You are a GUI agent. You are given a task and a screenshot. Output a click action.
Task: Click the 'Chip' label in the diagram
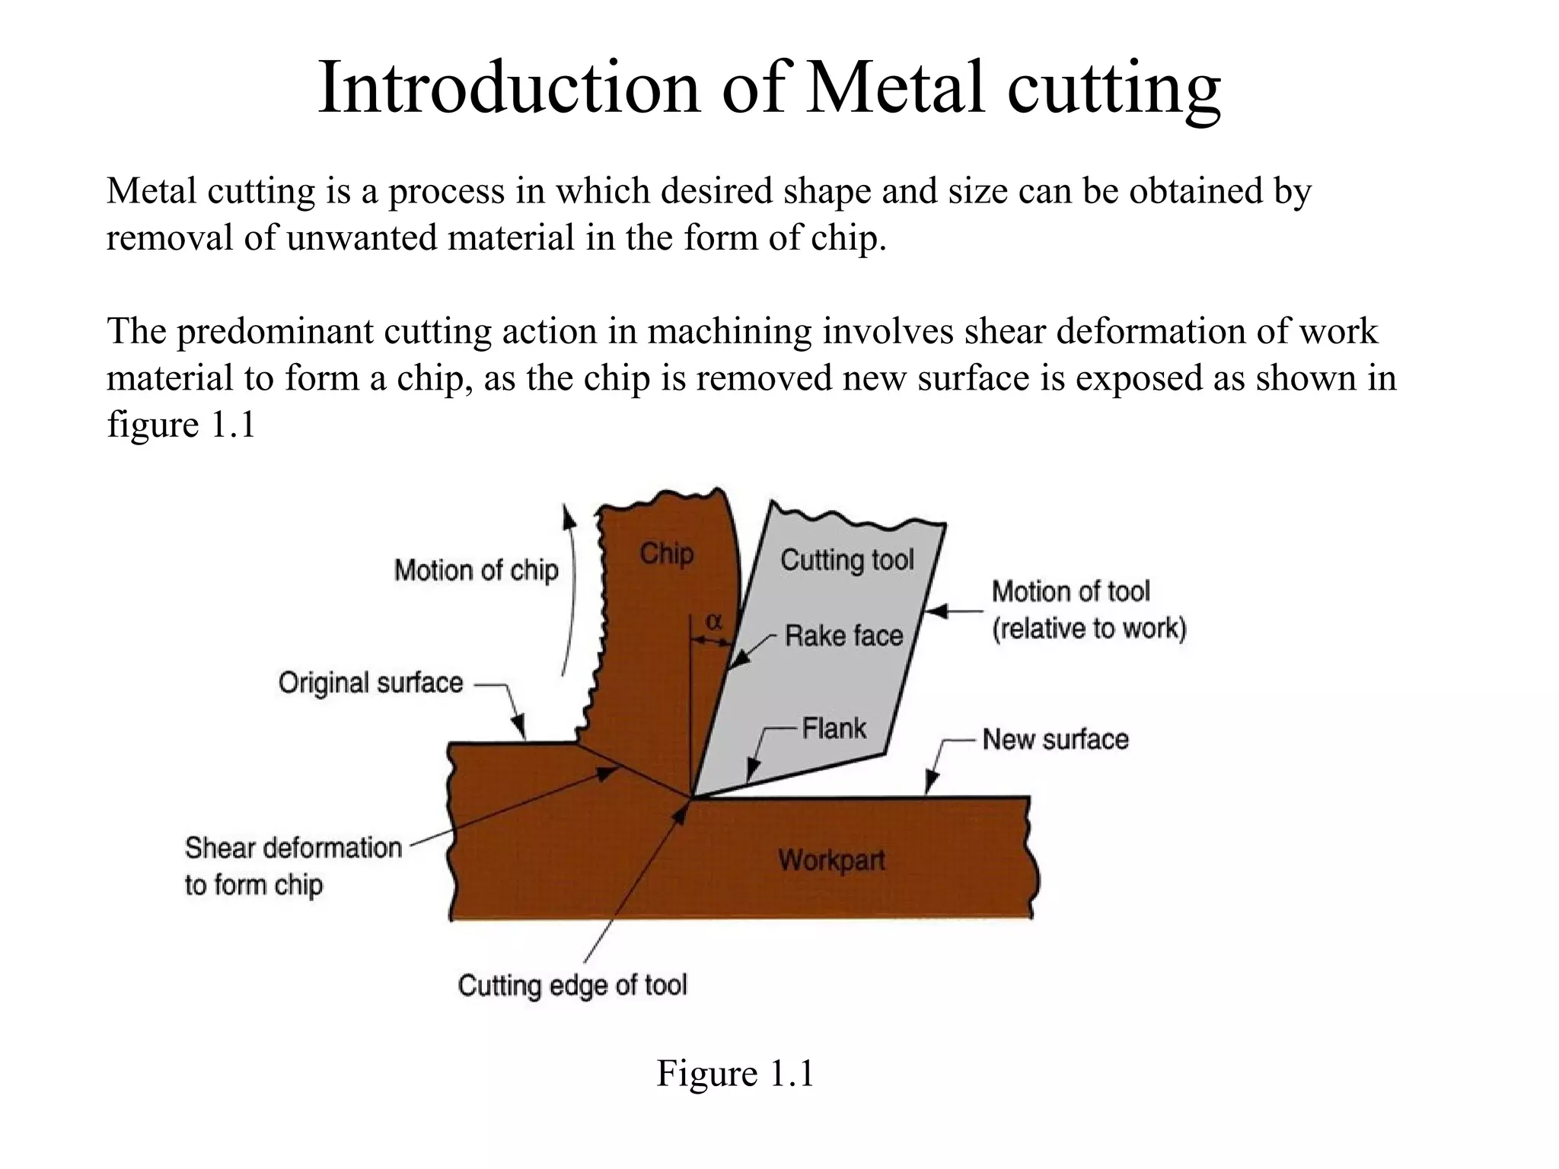tap(666, 554)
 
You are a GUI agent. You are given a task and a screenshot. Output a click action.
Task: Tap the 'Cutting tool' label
tap(846, 560)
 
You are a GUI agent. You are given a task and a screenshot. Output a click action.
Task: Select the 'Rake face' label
tap(843, 635)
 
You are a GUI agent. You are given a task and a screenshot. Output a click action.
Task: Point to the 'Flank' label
tap(834, 728)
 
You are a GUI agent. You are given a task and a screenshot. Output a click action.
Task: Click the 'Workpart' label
tap(831, 861)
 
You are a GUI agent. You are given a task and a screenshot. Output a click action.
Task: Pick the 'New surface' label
tap(1055, 739)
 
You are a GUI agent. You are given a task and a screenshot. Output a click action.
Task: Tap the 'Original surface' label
tap(370, 683)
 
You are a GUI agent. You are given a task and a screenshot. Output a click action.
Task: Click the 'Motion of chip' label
tap(476, 570)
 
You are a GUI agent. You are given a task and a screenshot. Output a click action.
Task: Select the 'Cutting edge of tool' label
tap(572, 985)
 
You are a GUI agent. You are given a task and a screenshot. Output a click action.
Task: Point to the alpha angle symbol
tap(713, 622)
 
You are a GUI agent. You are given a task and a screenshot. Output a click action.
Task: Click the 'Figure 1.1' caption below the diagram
tap(735, 1073)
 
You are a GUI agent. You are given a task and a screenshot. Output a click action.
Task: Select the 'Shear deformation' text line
tap(293, 847)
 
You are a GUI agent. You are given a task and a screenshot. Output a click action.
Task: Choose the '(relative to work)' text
tap(1089, 629)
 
